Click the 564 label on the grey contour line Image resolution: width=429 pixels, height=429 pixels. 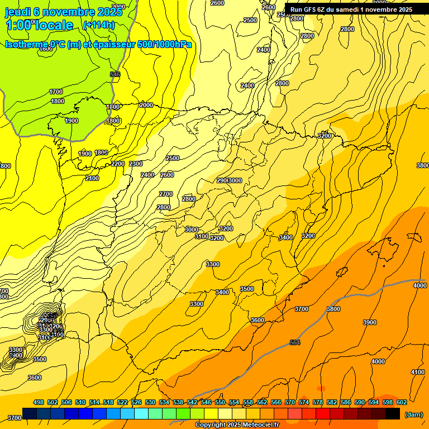pyautogui.click(x=295, y=342)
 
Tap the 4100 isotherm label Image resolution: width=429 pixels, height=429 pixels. pyautogui.click(x=418, y=372)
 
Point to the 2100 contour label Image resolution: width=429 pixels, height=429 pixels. pyautogui.click(x=92, y=178)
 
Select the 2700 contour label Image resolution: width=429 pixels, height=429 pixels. pyautogui.click(x=166, y=194)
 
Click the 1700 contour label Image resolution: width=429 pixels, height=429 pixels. pyautogui.click(x=56, y=92)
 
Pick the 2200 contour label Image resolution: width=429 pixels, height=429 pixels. pyautogui.click(x=118, y=164)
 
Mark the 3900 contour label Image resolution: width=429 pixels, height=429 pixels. pyautogui.click(x=370, y=322)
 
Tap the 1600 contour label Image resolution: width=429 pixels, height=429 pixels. pyautogui.click(x=46, y=49)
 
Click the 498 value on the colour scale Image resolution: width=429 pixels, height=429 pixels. pyautogui.click(x=39, y=402)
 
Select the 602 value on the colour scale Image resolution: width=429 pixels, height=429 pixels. pyautogui.click(x=401, y=402)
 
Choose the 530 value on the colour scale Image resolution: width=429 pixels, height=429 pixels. pyautogui.click(x=150, y=402)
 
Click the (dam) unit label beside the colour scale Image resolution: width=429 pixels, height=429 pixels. pyautogui.click(x=413, y=414)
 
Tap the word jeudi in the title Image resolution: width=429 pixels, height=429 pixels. pyautogui.click(x=18, y=12)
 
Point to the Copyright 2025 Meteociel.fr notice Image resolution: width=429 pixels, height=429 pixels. pyautogui.click(x=237, y=425)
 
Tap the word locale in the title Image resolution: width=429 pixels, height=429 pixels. pyautogui.click(x=53, y=25)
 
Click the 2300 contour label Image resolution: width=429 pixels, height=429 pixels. pyautogui.click(x=136, y=164)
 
